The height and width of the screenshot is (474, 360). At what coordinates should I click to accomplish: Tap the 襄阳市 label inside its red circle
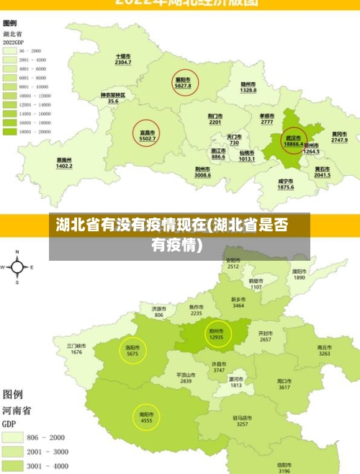183,83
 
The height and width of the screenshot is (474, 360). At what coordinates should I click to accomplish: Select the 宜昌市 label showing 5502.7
148,135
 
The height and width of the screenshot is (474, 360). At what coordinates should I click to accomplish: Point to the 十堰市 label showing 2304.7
123,60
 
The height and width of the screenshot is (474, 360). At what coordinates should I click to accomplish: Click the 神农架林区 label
113,98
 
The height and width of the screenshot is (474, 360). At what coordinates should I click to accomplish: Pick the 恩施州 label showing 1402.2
65,163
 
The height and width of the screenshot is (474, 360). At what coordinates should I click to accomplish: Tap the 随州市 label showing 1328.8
248,87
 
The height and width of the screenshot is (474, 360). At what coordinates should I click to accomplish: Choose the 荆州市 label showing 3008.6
202,172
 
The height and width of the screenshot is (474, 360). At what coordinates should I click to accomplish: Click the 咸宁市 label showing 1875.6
285,184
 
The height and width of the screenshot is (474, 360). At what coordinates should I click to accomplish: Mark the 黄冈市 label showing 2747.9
339,137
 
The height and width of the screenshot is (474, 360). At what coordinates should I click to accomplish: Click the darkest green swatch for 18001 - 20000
10,132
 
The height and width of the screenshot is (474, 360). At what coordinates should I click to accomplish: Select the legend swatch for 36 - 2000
10,51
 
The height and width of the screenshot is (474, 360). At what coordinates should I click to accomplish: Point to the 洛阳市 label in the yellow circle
132,350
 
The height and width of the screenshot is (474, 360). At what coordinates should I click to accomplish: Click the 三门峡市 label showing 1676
76,349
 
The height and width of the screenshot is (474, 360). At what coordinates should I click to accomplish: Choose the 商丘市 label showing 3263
325,351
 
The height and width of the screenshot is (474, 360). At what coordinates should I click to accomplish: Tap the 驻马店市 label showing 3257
242,421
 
